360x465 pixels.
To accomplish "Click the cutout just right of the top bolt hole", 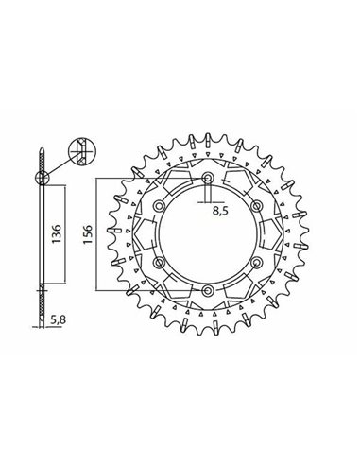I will [x=236, y=179].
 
